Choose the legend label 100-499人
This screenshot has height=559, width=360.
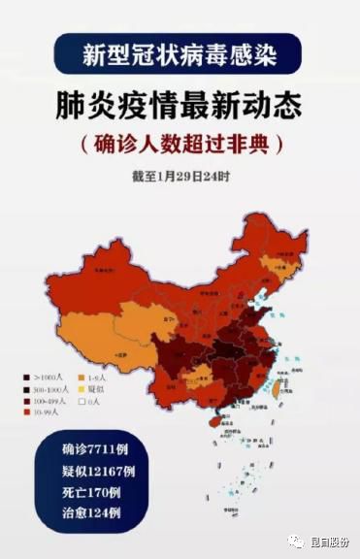click(x=49, y=400)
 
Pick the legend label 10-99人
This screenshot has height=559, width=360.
click(x=47, y=411)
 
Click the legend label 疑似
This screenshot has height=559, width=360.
click(x=97, y=388)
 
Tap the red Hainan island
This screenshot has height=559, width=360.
click(x=205, y=421)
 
